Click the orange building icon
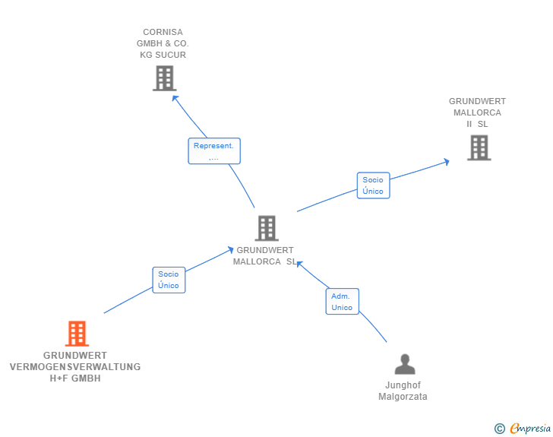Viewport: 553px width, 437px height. point(77,333)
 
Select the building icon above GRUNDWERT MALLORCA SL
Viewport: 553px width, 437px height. point(267,228)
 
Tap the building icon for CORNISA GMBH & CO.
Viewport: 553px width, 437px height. point(164,78)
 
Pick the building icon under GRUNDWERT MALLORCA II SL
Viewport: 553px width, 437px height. point(479,148)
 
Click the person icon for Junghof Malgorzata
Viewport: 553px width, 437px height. point(405,364)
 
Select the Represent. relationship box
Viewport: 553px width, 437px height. point(214,151)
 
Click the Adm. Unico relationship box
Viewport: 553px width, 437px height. point(342,302)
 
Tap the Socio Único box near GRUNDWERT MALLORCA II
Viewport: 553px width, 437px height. point(373,185)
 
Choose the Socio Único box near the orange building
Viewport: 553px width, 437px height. point(169,280)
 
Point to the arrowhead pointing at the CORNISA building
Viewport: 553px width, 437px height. point(175,98)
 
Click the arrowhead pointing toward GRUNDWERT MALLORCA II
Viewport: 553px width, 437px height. point(447,162)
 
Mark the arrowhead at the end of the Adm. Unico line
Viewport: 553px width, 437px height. point(299,264)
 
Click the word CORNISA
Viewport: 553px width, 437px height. point(163,32)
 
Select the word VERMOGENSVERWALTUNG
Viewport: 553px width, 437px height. point(75,367)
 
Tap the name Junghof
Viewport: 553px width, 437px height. point(403,385)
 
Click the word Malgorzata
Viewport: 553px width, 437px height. point(403,397)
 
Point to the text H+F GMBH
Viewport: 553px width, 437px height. point(75,378)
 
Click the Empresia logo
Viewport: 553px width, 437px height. point(530,428)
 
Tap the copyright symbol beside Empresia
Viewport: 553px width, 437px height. point(499,429)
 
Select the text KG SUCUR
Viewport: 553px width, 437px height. point(163,55)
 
